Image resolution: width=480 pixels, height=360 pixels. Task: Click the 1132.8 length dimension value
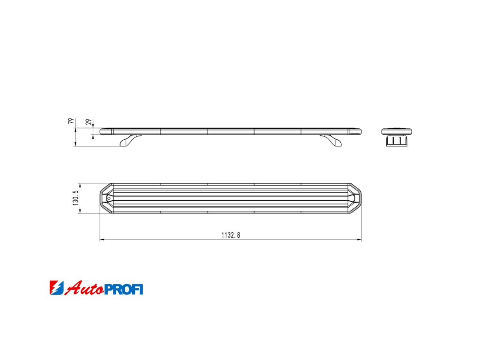pos(231,235)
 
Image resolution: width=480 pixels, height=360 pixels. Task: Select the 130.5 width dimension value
pos(75,198)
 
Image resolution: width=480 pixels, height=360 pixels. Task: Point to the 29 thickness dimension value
pos(89,122)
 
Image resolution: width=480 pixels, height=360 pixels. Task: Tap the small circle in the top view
pos(108,198)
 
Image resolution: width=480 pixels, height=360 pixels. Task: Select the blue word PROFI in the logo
pos(124,289)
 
